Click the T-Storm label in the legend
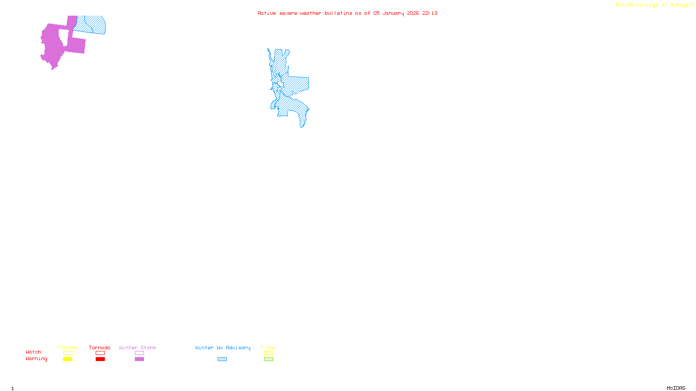tap(67, 348)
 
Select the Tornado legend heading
tap(100, 348)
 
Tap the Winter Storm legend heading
tap(137, 348)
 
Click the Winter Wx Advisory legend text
tap(223, 348)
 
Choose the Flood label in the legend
tap(268, 348)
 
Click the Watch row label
tap(33, 352)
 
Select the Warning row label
tap(37, 359)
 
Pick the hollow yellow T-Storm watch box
tap(67, 353)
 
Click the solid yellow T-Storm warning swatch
tap(67, 359)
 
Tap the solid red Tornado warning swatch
tap(100, 359)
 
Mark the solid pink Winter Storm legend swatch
tap(139, 359)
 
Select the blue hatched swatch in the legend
tap(222, 359)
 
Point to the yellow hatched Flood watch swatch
tap(268, 353)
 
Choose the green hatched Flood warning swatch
tap(268, 359)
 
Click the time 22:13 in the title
tap(430, 13)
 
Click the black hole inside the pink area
tap(64, 37)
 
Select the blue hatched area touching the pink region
tap(90, 25)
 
